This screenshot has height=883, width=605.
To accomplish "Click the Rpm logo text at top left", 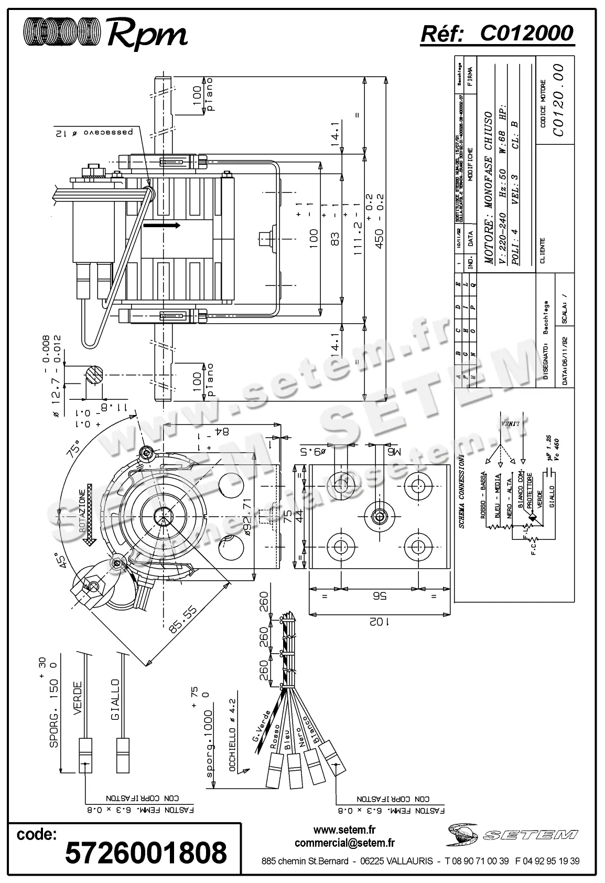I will coord(147,35).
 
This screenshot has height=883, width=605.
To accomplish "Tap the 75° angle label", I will coord(77,450).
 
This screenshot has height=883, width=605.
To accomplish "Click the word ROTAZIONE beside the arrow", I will coord(82,512).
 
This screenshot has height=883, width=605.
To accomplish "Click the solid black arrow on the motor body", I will coord(161,226).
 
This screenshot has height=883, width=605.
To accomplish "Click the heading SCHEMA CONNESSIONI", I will coord(462,491).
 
